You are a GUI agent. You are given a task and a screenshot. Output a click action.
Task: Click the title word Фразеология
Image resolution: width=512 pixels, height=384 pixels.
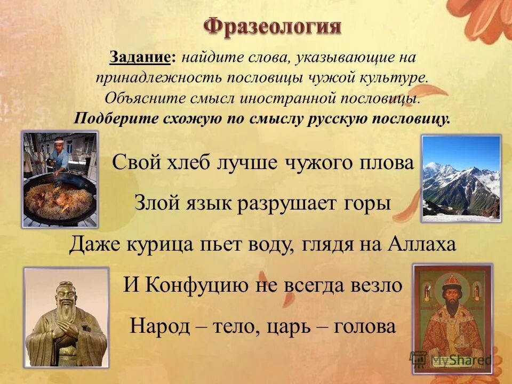coord(273,26)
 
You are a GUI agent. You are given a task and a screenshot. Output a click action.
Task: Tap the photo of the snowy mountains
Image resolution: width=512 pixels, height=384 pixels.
coord(461,178)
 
